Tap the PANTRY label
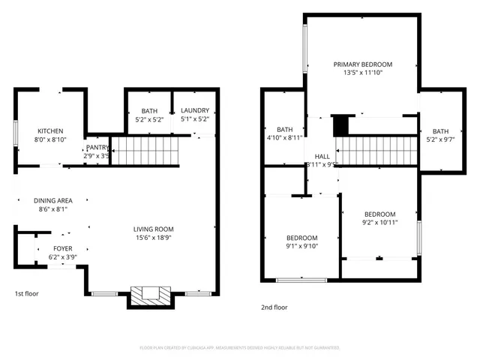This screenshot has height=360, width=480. [97, 148]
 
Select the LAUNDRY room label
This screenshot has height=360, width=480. [194, 111]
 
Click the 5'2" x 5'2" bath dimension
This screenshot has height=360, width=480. [148, 119]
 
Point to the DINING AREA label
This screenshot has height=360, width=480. [52, 200]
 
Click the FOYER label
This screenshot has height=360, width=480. [63, 248]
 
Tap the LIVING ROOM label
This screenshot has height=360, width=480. [154, 229]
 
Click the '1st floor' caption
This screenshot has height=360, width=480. [26, 293]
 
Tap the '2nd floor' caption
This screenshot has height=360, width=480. [274, 307]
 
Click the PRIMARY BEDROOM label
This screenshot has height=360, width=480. [362, 64]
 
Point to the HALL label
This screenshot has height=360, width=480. [322, 156]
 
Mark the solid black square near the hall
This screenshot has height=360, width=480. [341, 125]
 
